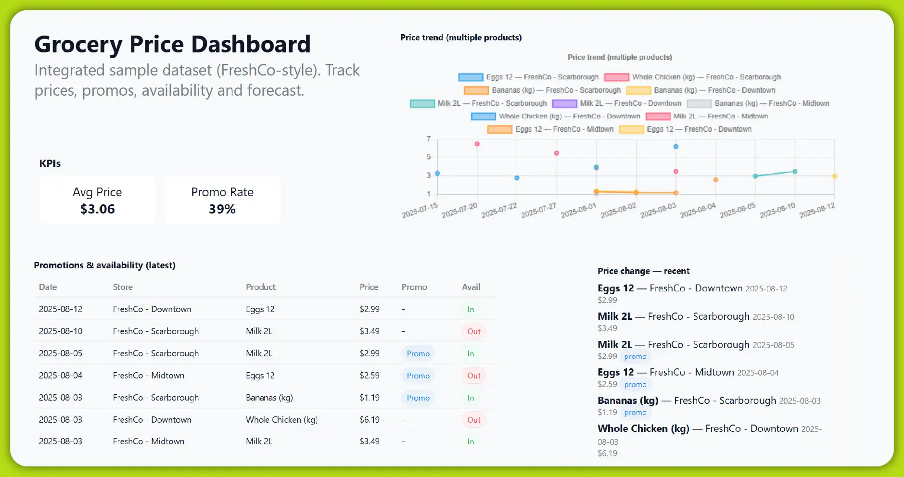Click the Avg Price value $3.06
(x=97, y=209)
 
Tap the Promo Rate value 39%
(x=222, y=209)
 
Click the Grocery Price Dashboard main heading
(x=172, y=44)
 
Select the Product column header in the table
(x=261, y=287)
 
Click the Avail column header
(x=471, y=287)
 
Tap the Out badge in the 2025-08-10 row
(x=473, y=331)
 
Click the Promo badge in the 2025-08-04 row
(x=418, y=376)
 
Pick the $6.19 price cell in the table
(x=369, y=420)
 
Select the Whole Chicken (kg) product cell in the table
(x=281, y=420)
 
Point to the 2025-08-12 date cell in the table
(x=61, y=309)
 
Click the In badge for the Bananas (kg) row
(x=471, y=398)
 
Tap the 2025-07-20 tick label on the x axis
(x=459, y=210)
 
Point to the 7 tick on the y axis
(x=429, y=139)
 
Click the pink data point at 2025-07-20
(x=477, y=144)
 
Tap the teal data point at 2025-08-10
(x=795, y=172)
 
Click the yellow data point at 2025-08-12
(x=835, y=176)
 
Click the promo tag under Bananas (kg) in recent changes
(x=635, y=413)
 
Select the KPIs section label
(x=50, y=163)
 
